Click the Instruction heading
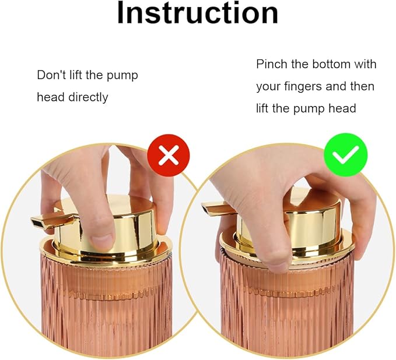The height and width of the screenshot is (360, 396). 198,13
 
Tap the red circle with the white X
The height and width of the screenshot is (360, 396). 169,155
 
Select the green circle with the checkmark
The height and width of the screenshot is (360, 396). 346,154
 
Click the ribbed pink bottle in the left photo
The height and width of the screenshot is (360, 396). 106,303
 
